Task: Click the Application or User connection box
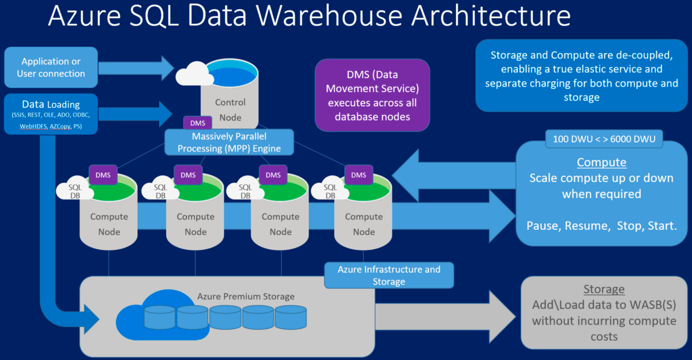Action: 51,67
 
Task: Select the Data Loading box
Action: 51,114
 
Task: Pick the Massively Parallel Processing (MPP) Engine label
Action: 229,142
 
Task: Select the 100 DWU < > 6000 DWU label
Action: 604,138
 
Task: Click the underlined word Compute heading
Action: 601,162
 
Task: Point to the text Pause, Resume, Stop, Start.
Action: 601,225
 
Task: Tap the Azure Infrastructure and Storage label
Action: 389,275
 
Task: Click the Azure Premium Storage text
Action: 246,297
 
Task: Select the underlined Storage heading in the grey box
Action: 604,290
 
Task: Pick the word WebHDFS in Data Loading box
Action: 33,125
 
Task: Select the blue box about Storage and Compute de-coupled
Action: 581,76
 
